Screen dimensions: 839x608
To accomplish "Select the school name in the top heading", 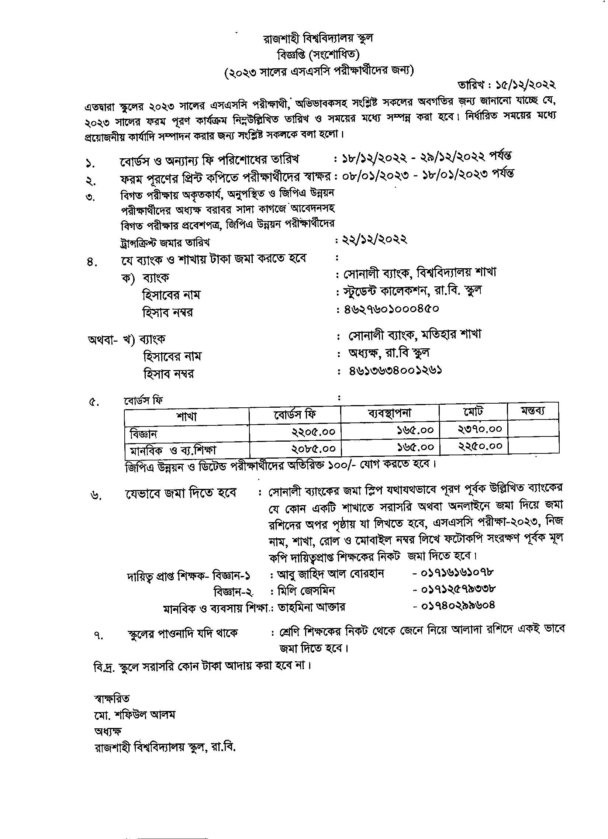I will pyautogui.click(x=318, y=38).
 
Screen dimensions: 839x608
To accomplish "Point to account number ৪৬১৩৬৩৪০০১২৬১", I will pyautogui.click(x=395, y=370).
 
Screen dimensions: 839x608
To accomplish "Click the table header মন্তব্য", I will pyautogui.click(x=533, y=411).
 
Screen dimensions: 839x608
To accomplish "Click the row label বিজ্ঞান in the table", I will pyautogui.click(x=144, y=434).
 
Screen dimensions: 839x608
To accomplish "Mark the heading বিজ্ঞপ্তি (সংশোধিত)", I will pyautogui.click(x=318, y=55).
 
